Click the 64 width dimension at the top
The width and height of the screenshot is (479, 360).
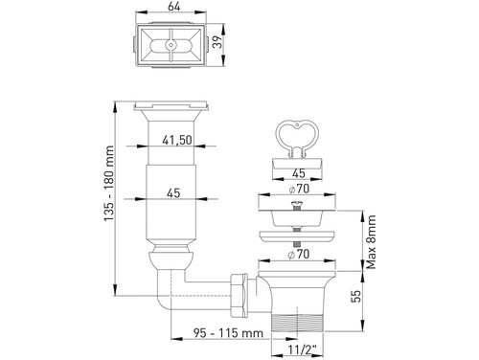[x=173, y=7]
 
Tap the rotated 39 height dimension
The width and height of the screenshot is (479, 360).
[x=217, y=42]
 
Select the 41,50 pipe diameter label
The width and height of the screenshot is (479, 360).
[x=177, y=140]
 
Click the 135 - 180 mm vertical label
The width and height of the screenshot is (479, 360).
[x=109, y=183]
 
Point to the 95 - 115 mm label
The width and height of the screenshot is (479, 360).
[x=228, y=333]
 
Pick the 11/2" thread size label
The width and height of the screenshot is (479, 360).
[x=301, y=349]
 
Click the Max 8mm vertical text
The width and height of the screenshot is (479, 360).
[x=371, y=242]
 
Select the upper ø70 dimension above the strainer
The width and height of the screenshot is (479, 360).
[x=299, y=189]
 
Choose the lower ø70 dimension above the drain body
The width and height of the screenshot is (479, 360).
[x=299, y=255]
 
